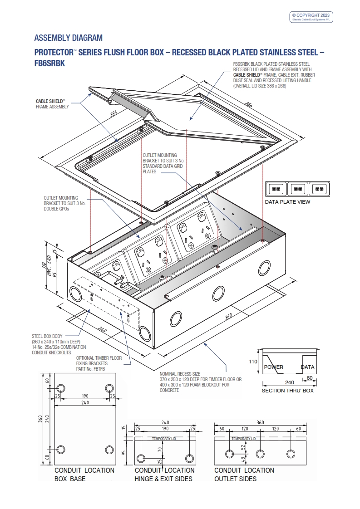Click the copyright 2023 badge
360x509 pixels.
(x=312, y=17)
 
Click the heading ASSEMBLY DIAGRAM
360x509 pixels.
(x=69, y=38)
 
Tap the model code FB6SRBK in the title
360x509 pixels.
(x=50, y=64)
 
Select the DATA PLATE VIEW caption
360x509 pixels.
(x=288, y=202)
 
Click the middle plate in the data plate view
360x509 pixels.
(x=297, y=188)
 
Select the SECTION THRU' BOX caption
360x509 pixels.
(x=287, y=391)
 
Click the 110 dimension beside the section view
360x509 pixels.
(x=252, y=362)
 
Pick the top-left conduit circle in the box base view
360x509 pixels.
(x=61, y=388)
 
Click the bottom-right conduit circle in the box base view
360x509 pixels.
(x=109, y=450)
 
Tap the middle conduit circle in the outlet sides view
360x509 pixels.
(x=260, y=454)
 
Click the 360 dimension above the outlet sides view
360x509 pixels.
(x=260, y=422)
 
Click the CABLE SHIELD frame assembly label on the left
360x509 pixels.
(x=52, y=104)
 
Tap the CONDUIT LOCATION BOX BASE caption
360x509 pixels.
(x=84, y=474)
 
